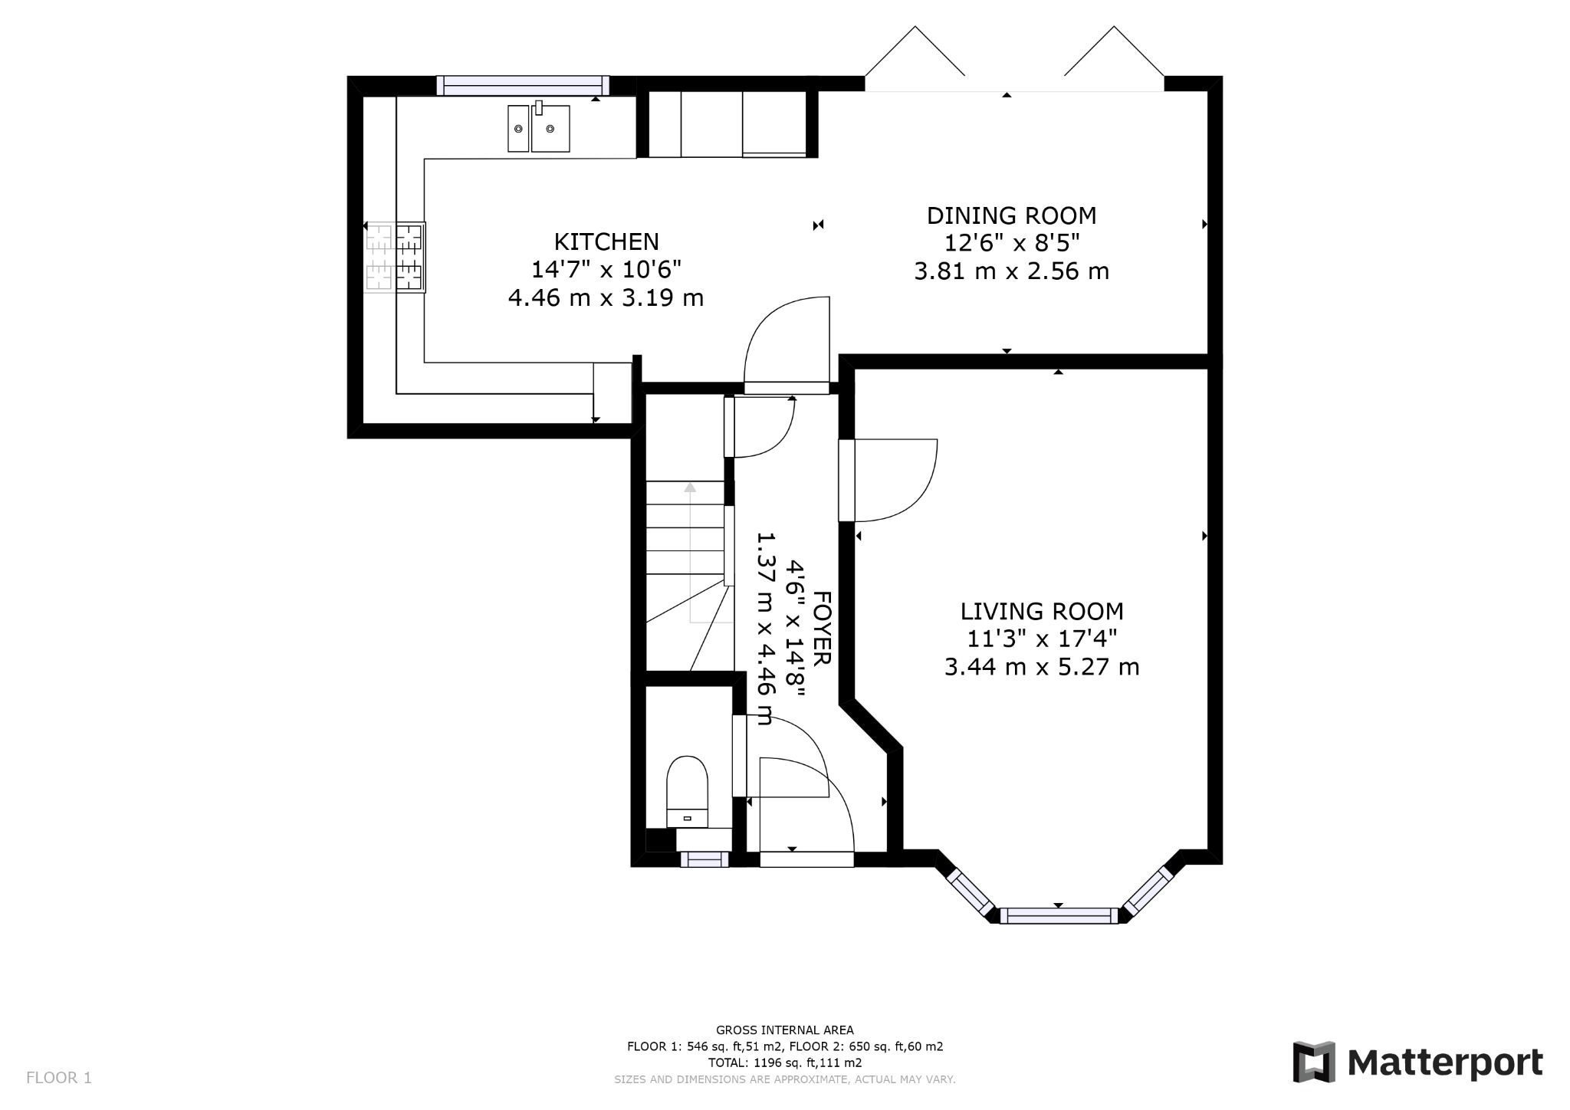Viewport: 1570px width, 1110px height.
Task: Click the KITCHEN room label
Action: pos(606,242)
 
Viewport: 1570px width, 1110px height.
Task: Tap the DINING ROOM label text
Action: pos(1011,216)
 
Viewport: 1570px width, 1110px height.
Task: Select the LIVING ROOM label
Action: pos(1042,612)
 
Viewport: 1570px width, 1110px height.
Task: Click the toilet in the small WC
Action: pos(687,790)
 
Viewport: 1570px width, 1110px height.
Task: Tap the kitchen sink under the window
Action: pos(539,129)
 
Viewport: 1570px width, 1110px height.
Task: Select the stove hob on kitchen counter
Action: pos(396,258)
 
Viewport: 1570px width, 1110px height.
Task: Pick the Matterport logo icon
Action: pos(1313,1062)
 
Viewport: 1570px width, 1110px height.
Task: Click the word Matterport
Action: pos(1444,1063)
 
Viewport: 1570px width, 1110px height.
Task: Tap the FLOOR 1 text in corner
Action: pos(59,1078)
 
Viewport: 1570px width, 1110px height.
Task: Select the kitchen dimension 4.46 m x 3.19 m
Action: pos(606,297)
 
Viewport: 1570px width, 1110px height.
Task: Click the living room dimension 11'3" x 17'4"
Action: pos(1042,639)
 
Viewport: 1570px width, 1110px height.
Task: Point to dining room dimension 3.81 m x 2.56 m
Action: pos(1011,271)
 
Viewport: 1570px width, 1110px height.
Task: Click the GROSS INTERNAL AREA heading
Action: pos(784,1030)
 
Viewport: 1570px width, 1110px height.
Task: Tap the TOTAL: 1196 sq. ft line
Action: pos(784,1062)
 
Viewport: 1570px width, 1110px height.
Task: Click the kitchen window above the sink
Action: pos(523,85)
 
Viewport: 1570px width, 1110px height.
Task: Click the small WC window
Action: pos(705,859)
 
